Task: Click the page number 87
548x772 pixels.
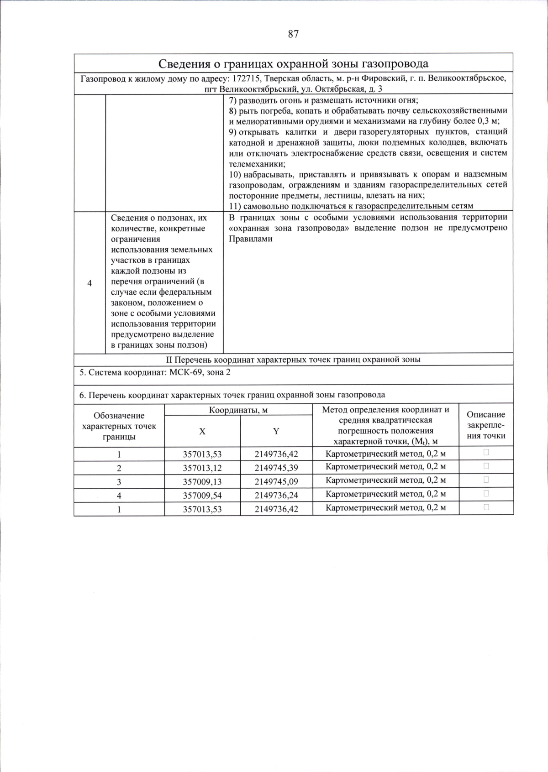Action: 293,34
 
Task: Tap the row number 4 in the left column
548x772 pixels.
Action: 90,283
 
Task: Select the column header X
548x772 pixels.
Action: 202,431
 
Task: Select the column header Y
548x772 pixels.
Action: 276,431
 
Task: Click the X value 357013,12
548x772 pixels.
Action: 202,468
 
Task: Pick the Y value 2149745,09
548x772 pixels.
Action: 276,481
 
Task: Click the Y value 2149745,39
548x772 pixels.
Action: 276,468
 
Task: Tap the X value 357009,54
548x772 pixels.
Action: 202,495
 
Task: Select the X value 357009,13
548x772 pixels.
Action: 202,481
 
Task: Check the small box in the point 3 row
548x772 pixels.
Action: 486,480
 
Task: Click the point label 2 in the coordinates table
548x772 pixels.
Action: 119,468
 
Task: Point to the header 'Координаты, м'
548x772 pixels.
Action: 238,410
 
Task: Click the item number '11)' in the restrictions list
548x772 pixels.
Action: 235,206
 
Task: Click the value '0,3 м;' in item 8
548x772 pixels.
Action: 489,121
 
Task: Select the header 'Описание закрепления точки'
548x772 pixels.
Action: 486,425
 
